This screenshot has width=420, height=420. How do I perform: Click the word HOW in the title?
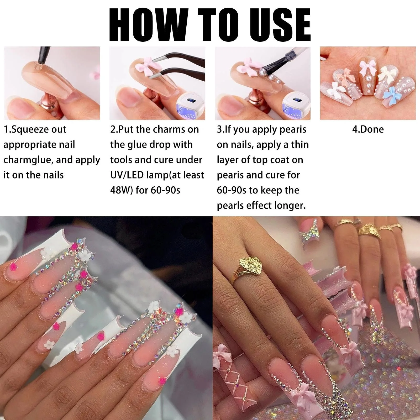[149, 25]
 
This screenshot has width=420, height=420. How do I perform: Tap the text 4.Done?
[368, 129]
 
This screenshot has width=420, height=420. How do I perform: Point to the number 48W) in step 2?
[122, 190]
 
